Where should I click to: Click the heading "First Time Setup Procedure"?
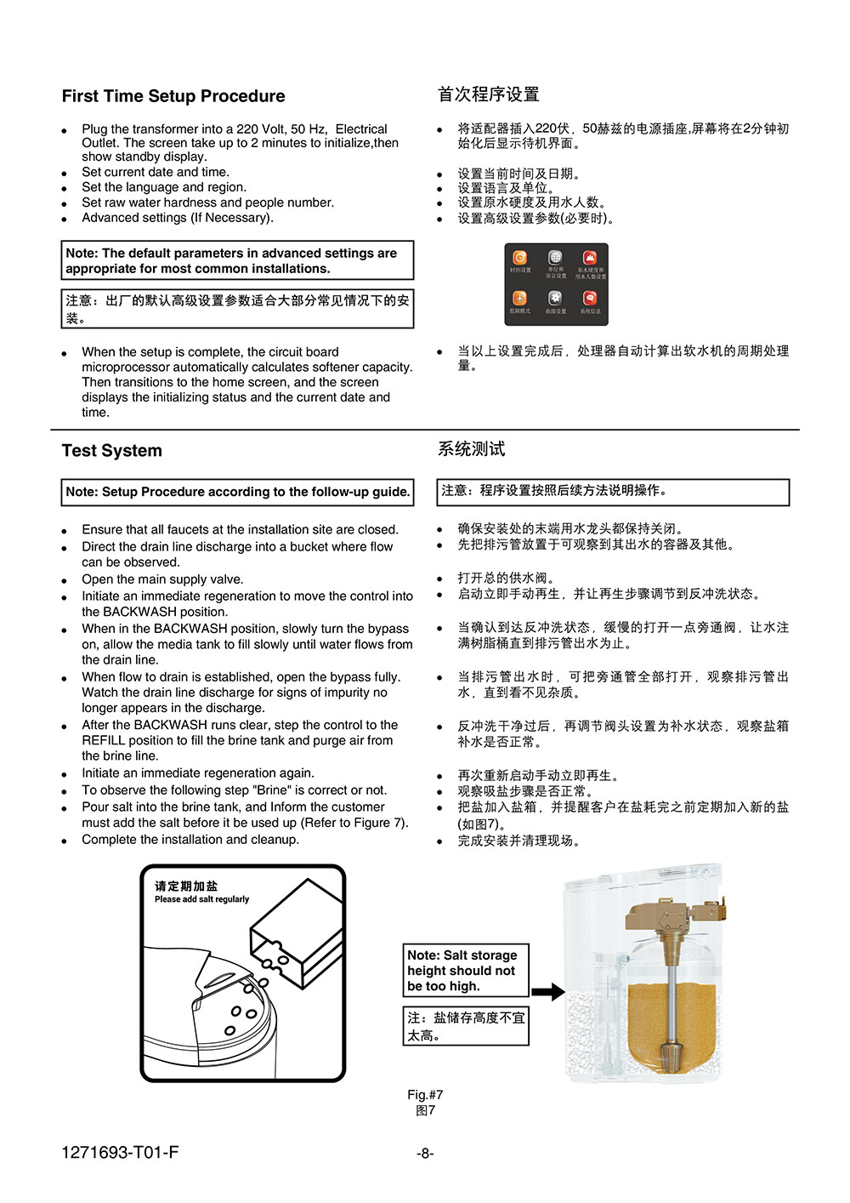(173, 96)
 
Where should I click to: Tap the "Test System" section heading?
(111, 451)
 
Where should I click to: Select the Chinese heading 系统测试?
(471, 449)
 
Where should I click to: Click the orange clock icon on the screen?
(519, 258)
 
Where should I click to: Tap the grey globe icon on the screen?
(555, 257)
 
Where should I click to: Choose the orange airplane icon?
(519, 298)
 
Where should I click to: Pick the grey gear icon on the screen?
(555, 298)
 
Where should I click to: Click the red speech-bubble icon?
(590, 298)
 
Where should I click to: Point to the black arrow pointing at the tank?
(548, 991)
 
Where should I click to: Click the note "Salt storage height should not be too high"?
(465, 971)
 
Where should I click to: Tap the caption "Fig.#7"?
(425, 1095)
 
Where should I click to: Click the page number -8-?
(425, 1154)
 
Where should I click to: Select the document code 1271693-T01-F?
(120, 1153)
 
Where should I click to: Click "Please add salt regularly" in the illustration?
(201, 899)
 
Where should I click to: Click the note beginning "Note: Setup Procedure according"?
(238, 492)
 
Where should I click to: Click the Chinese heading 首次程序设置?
(489, 94)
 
